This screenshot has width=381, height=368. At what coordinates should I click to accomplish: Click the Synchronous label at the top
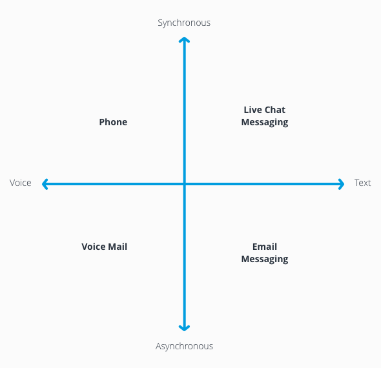[184, 23]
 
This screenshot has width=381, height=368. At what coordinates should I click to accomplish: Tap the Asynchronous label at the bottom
[184, 346]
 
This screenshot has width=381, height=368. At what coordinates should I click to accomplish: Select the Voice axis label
[21, 183]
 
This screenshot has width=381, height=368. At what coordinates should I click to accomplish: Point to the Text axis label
[362, 183]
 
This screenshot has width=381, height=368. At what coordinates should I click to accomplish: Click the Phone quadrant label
[113, 122]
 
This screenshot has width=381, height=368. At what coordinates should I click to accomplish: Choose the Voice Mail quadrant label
[104, 247]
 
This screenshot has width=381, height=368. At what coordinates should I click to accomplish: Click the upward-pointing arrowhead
[184, 41]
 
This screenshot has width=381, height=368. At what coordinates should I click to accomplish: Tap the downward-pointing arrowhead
[184, 327]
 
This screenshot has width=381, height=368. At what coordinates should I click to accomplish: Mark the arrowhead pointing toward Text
[341, 184]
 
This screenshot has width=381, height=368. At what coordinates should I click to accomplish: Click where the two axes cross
[184, 184]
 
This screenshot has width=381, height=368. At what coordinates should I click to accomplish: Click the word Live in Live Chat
[252, 110]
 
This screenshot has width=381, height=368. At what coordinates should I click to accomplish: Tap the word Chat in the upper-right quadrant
[274, 110]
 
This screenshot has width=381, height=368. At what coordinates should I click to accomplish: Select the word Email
[265, 247]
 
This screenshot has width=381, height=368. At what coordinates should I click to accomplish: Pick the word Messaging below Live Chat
[265, 122]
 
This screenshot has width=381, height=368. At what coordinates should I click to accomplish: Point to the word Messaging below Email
[265, 259]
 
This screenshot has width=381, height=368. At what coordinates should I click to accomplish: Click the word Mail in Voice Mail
[118, 247]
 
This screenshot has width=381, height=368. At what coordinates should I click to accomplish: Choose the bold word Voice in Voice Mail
[93, 247]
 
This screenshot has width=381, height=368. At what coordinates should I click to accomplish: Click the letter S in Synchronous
[161, 23]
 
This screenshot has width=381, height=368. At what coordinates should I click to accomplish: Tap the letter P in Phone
[102, 122]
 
